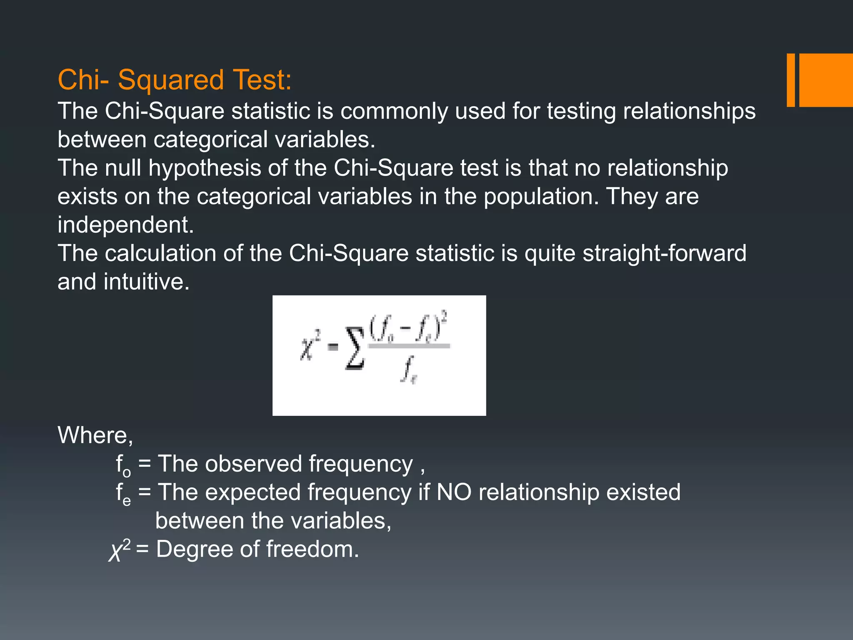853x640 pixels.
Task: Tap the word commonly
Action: (x=394, y=111)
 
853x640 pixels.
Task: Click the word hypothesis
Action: (x=205, y=169)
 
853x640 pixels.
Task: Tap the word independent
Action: (x=125, y=225)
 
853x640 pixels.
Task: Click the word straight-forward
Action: (x=664, y=253)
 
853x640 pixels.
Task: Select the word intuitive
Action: (x=147, y=282)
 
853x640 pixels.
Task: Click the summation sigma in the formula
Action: (x=355, y=348)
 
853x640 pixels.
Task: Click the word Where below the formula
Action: (x=95, y=435)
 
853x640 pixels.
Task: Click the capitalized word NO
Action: (x=454, y=492)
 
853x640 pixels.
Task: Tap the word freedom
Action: (x=312, y=549)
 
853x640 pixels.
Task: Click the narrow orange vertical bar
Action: (x=791, y=80)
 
